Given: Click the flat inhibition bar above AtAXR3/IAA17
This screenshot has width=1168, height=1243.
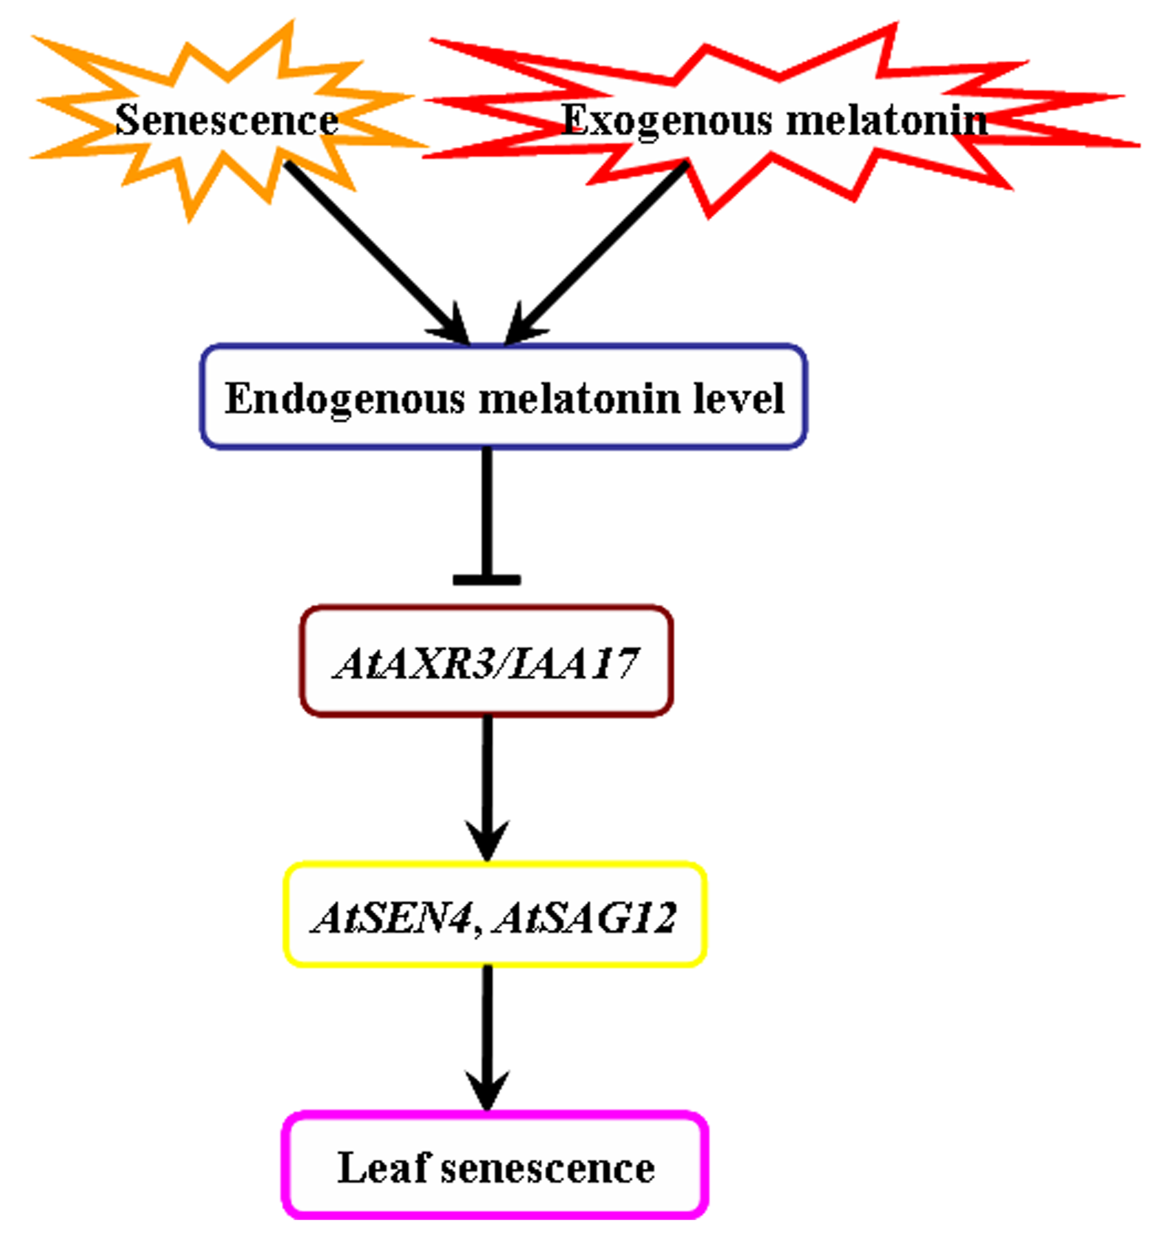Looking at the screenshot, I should pyautogui.click(x=486, y=580).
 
